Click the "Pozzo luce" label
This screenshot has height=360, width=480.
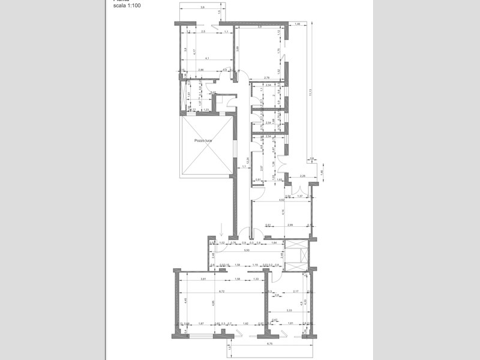coord(203,140)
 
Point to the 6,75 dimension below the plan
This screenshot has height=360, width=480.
coord(269,344)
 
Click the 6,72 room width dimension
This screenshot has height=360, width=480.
coord(221,292)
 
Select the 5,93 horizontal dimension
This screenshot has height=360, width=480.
coord(254,250)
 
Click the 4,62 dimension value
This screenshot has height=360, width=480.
coord(281,200)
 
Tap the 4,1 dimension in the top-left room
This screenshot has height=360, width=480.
coord(206,59)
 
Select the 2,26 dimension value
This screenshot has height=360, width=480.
coord(302,176)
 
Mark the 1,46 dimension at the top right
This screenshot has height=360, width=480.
coord(296,24)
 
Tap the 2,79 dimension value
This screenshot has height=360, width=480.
coord(266,78)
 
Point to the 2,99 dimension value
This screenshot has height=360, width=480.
coord(290,225)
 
